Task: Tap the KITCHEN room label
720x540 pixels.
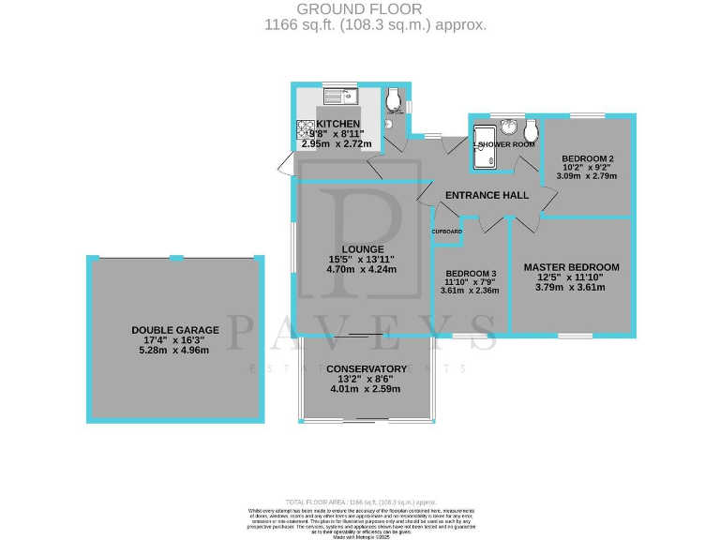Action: (337, 124)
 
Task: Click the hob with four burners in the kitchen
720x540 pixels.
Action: (306, 127)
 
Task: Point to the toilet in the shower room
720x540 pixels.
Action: (531, 127)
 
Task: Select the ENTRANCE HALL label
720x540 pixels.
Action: (487, 195)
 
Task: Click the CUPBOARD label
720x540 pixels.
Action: (446, 231)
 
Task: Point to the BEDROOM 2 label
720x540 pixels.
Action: (588, 157)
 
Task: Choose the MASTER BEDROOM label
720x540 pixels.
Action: (571, 267)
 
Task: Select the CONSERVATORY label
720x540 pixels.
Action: (366, 368)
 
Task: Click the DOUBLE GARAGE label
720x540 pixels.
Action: (175, 330)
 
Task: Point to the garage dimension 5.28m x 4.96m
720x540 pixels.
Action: (175, 350)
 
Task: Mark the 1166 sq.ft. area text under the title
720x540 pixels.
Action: (375, 25)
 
